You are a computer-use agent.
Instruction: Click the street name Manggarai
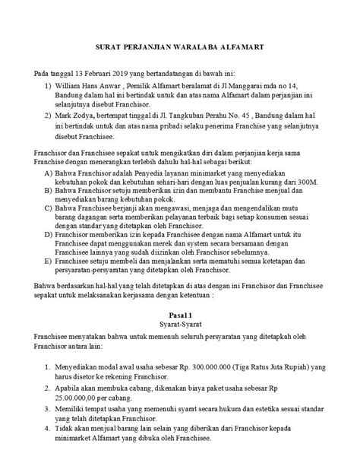pyautogui.click(x=244, y=87)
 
